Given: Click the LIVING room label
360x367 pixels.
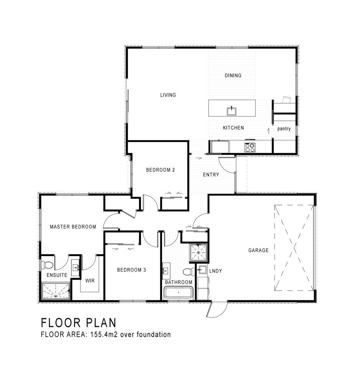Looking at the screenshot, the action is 168,95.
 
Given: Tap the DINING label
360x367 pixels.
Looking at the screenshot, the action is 233,76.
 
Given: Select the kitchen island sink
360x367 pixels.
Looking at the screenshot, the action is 231,111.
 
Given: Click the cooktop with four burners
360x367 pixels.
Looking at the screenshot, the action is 250,147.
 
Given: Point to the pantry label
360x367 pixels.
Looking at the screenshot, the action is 284,128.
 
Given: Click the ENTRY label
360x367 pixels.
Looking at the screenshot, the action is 211,174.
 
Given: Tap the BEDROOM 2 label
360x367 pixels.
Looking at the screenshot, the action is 161,170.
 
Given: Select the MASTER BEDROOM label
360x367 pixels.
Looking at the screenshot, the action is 73,227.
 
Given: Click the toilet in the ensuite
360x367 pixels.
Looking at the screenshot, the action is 47,265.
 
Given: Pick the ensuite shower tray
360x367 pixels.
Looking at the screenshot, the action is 56,291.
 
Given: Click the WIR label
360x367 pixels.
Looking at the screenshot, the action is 90,281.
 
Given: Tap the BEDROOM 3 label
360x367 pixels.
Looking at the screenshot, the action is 132,270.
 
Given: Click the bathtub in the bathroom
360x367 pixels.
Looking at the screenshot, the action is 178,293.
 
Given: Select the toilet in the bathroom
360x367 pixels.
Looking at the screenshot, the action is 189,272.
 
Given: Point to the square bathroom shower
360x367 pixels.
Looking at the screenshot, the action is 199,253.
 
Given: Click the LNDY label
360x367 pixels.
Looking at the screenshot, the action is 215,271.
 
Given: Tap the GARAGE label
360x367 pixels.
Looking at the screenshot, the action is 258,250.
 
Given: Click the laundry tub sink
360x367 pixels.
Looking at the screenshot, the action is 202,269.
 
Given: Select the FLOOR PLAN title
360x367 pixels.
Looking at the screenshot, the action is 79,323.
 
